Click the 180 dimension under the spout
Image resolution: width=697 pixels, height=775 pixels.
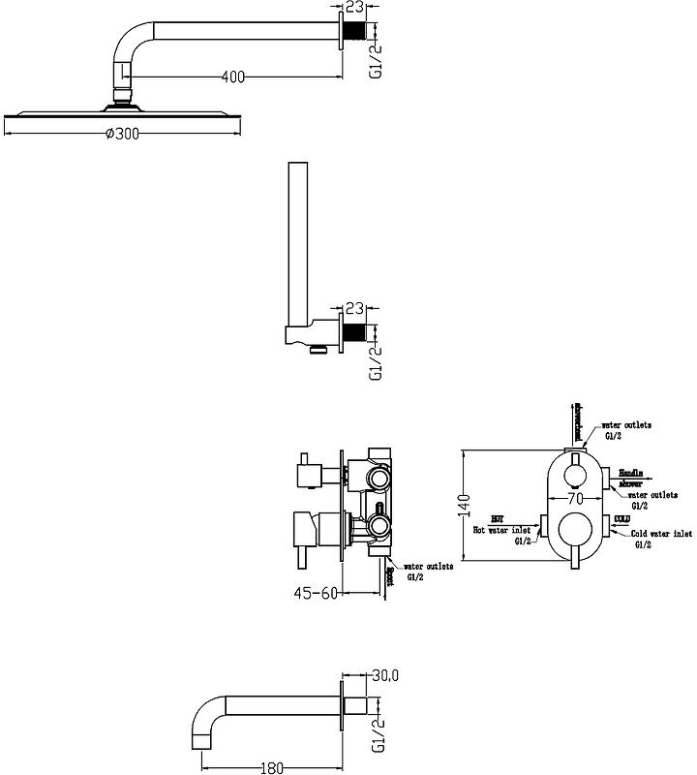(x=271, y=768)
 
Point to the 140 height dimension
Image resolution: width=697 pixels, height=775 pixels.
(x=464, y=505)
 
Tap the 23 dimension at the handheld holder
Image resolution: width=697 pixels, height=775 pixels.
(x=354, y=309)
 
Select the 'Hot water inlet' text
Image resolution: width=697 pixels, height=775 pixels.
(x=500, y=531)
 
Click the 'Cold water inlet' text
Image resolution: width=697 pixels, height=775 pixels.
(x=659, y=533)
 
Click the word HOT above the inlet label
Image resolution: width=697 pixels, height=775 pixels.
(x=497, y=519)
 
